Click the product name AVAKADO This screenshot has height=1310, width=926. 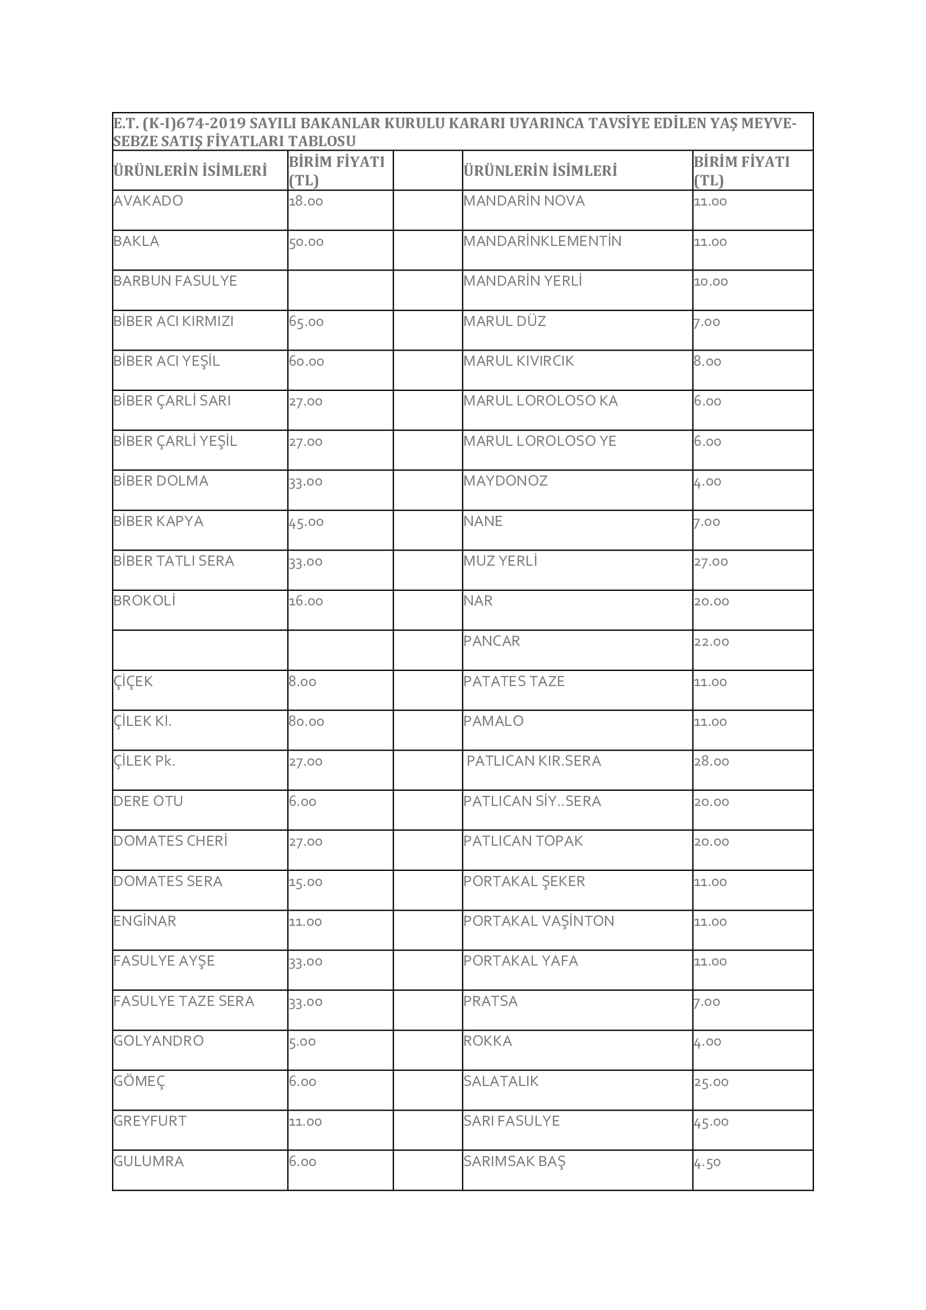pos(148,201)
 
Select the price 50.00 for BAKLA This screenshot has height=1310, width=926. pos(306,242)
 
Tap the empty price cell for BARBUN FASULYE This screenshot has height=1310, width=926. pos(340,290)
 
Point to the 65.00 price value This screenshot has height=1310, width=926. pos(306,322)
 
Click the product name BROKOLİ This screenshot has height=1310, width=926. pos(145,601)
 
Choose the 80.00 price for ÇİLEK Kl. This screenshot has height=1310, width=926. pos(306,722)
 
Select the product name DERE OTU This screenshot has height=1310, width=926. pos(148,801)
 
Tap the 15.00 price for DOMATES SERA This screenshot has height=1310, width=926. pos(306,882)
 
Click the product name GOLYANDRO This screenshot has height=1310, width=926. pos(159,1041)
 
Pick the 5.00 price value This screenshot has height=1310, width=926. pos(303,1042)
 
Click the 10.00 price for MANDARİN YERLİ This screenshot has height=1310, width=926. pos(711,282)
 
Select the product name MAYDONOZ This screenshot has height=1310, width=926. pos(505,481)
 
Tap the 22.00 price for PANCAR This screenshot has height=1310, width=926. pos(711,642)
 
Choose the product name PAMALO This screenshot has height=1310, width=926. pos(494,721)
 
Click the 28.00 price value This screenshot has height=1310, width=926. pos(711,762)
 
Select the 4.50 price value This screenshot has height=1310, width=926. pos(708,1163)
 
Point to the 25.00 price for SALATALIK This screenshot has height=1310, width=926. pos(711,1083)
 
